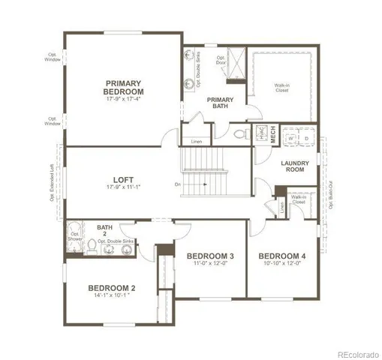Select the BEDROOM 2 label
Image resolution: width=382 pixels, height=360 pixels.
pos(111,288)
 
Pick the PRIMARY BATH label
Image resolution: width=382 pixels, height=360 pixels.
pos(220,103)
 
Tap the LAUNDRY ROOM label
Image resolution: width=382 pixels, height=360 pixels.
pos(296,167)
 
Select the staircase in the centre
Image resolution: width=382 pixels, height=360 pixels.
pos(204,172)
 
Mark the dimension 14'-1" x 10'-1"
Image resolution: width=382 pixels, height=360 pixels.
pos(111,297)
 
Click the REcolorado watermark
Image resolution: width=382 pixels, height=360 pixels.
pos(357,352)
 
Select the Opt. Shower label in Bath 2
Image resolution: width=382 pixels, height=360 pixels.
pos(75,237)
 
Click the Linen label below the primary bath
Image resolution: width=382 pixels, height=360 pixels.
pos(196,142)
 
